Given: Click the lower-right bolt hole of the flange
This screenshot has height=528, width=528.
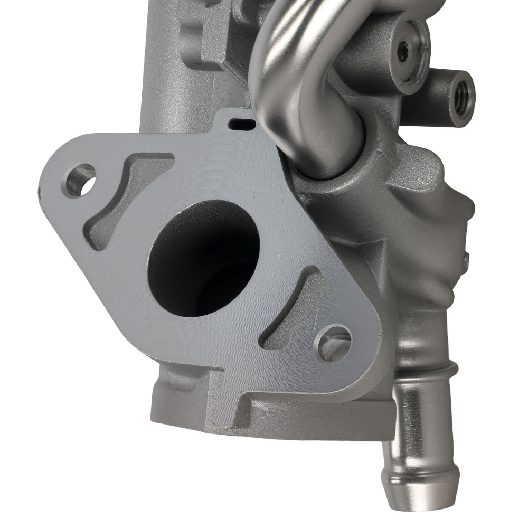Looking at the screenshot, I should pyautogui.click(x=333, y=343).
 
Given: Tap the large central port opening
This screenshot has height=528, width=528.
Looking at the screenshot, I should pyautogui.click(x=203, y=258).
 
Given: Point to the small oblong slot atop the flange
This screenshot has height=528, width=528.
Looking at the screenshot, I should pyautogui.click(x=241, y=123).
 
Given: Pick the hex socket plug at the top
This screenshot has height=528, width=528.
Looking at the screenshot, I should pyautogui.click(x=404, y=51).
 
